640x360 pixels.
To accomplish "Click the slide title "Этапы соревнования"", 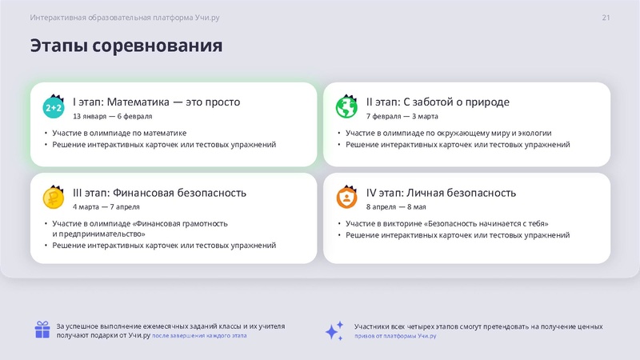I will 126,46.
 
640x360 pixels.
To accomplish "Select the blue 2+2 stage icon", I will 54,106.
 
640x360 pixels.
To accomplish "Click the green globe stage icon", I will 346,106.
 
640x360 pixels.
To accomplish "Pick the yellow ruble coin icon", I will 54,197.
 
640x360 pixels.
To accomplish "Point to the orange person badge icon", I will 346,197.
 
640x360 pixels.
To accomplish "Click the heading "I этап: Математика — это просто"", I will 156,102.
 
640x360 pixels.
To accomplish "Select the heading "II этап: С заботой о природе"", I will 438,102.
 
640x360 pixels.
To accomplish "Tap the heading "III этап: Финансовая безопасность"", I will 159,193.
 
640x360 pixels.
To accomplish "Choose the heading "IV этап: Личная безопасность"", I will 441,193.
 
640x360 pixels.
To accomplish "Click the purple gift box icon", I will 42,330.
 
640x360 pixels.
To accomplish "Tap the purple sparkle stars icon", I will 334,330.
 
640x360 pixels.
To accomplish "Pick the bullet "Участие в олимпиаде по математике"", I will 119,134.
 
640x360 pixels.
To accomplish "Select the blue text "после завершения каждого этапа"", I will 199,337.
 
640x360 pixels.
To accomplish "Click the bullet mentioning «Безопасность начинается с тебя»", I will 447,224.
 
